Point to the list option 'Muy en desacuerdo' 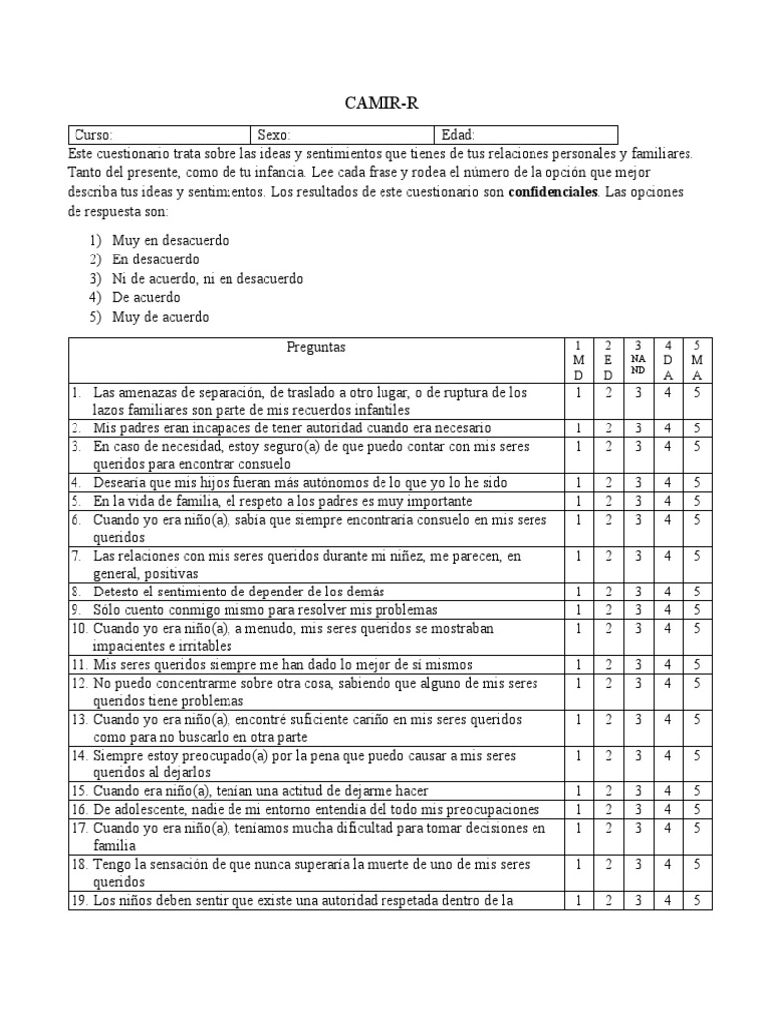coord(170,241)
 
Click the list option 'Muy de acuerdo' coord(161,317)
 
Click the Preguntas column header coord(316,348)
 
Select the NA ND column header coord(638,361)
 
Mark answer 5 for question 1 coord(698,393)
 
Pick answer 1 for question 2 coord(578,428)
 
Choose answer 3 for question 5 coord(638,501)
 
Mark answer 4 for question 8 coord(669,592)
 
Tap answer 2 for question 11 coord(607,664)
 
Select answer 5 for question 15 coord(698,791)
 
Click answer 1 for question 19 coord(578,901)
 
